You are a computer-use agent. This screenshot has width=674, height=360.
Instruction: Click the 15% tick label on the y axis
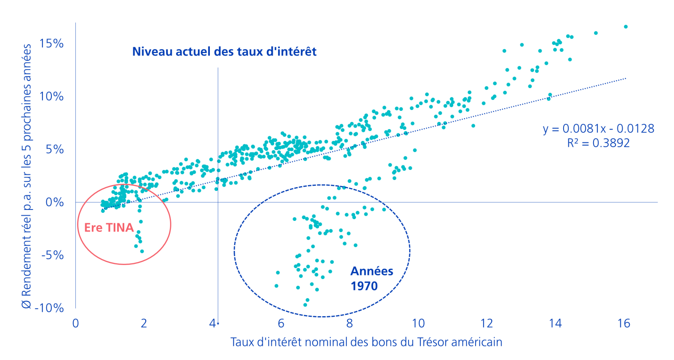click(51, 43)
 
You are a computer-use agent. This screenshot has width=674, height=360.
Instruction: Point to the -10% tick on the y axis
click(49, 308)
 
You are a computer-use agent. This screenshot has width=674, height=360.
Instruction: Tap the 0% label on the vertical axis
click(55, 202)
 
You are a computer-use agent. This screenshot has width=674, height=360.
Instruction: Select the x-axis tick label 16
click(623, 323)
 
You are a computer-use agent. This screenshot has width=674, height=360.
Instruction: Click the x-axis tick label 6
click(281, 323)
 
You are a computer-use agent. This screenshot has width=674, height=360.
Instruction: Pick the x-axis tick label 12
click(487, 323)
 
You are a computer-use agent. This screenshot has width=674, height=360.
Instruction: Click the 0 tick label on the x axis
click(75, 323)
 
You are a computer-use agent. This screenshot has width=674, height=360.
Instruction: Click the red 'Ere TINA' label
click(109, 228)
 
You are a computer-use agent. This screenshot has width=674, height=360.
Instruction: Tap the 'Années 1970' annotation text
click(372, 278)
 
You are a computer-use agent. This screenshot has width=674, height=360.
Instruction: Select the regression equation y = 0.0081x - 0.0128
click(599, 129)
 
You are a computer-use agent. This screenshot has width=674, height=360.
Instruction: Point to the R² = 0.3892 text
click(598, 143)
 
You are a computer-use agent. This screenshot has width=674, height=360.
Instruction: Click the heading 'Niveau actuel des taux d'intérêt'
click(224, 51)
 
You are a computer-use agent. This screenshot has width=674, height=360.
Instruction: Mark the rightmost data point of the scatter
click(626, 27)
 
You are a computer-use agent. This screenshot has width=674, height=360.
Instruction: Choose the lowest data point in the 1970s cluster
click(305, 305)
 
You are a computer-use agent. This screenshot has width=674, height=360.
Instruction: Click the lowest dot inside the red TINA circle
click(142, 251)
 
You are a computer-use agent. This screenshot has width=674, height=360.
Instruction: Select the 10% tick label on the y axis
click(51, 97)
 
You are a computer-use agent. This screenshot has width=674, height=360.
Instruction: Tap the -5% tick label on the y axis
click(53, 255)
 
